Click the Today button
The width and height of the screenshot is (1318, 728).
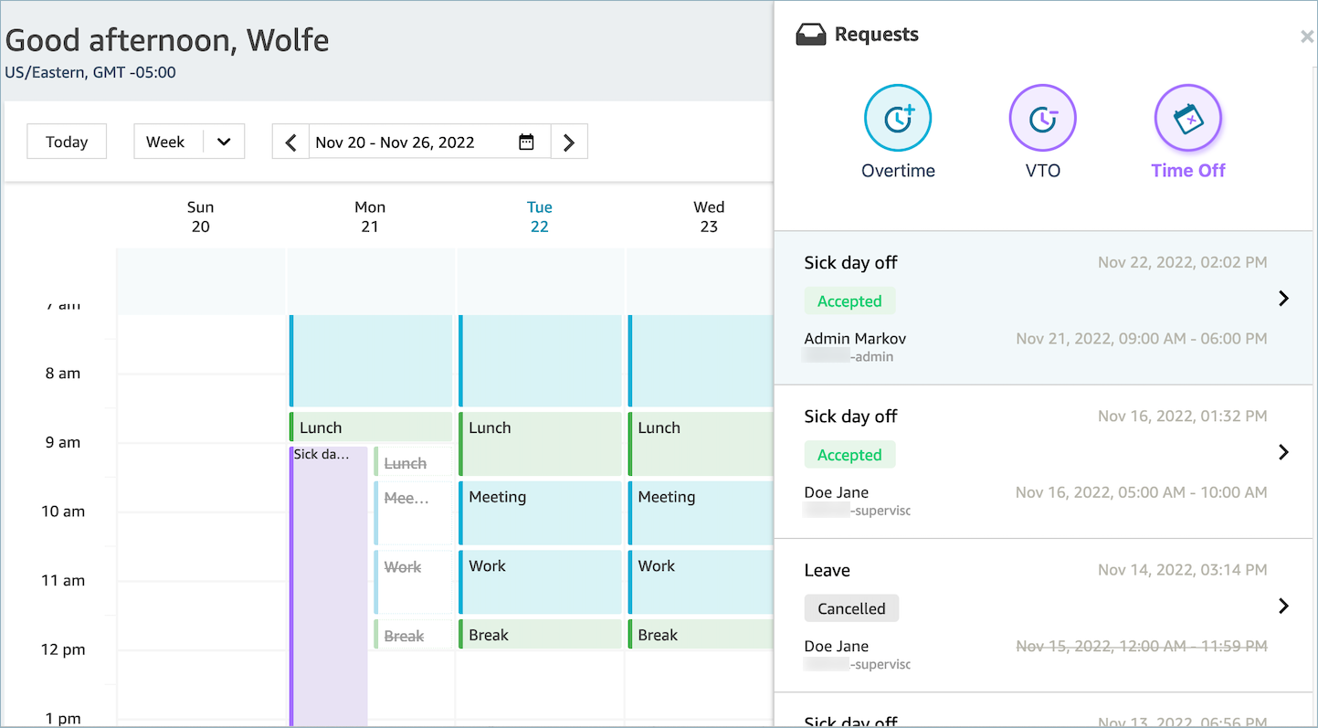click(67, 142)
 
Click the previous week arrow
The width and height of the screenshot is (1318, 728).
click(291, 142)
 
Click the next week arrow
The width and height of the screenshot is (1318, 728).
click(569, 142)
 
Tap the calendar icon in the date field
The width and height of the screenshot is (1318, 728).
click(526, 142)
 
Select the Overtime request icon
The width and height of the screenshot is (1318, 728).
click(898, 119)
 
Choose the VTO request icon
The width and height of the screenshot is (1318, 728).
click(1042, 119)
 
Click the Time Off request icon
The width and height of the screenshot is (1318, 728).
click(1187, 119)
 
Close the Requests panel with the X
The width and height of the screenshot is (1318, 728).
click(1306, 37)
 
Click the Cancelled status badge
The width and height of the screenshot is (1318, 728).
click(851, 608)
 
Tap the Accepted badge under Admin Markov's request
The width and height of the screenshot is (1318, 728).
click(849, 301)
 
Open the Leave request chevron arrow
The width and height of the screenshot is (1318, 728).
click(1283, 606)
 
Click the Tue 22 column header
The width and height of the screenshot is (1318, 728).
click(540, 217)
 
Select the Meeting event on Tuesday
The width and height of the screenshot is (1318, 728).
click(540, 512)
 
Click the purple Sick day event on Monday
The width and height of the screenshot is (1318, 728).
click(329, 585)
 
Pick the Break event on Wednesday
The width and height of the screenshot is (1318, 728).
click(700, 635)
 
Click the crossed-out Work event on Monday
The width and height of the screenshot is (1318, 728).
click(414, 581)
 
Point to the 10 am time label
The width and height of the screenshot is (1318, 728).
click(63, 512)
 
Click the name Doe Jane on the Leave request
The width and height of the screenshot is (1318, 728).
click(836, 646)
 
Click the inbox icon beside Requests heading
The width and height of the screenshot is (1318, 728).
click(810, 36)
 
